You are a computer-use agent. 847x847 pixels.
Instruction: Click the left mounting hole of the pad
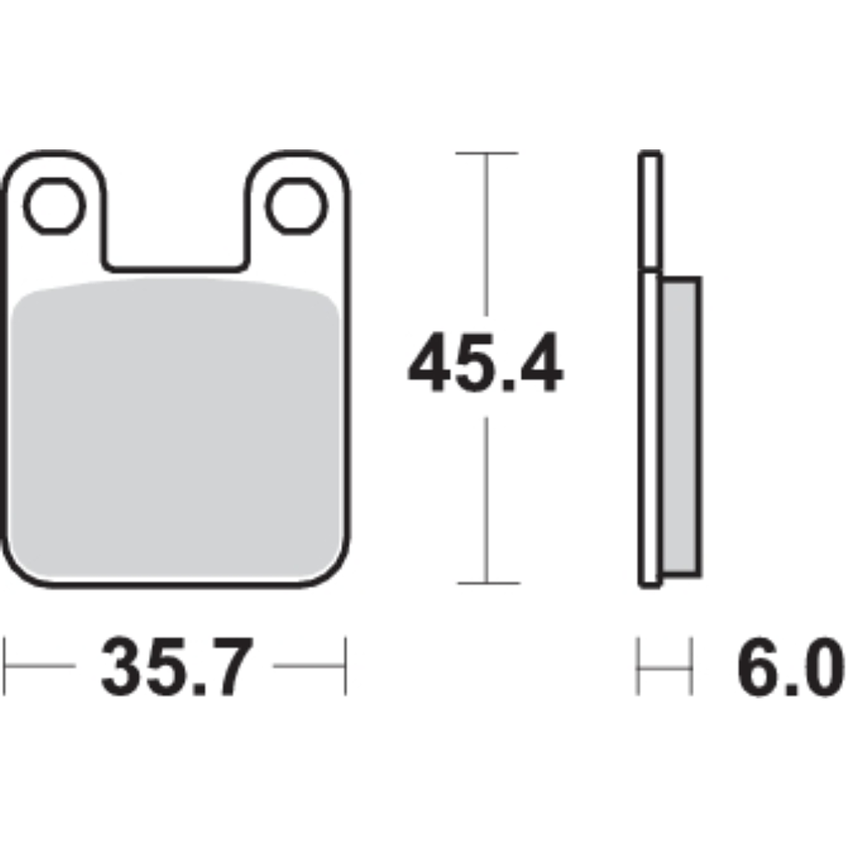[53, 205]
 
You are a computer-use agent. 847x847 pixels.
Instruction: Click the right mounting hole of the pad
[296, 205]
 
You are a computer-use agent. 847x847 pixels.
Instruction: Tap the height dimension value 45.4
[485, 364]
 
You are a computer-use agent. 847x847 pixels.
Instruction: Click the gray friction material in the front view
[177, 431]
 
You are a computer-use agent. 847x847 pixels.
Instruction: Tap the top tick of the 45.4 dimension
[486, 153]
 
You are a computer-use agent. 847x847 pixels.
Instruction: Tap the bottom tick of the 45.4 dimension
[486, 583]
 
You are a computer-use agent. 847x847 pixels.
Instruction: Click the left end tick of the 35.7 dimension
[6, 666]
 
